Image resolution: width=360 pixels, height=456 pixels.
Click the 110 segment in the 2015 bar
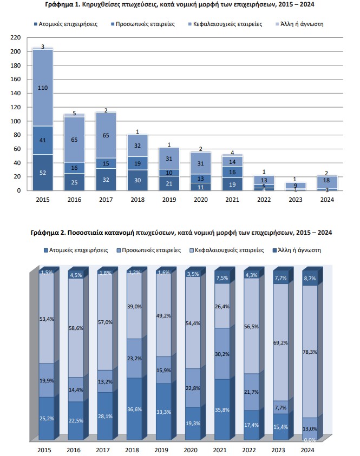(43, 87)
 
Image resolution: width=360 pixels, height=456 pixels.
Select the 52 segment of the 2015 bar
(43, 173)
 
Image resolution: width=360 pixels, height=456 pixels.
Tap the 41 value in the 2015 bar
(43, 140)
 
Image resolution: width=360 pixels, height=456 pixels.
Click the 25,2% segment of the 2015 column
(47, 418)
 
